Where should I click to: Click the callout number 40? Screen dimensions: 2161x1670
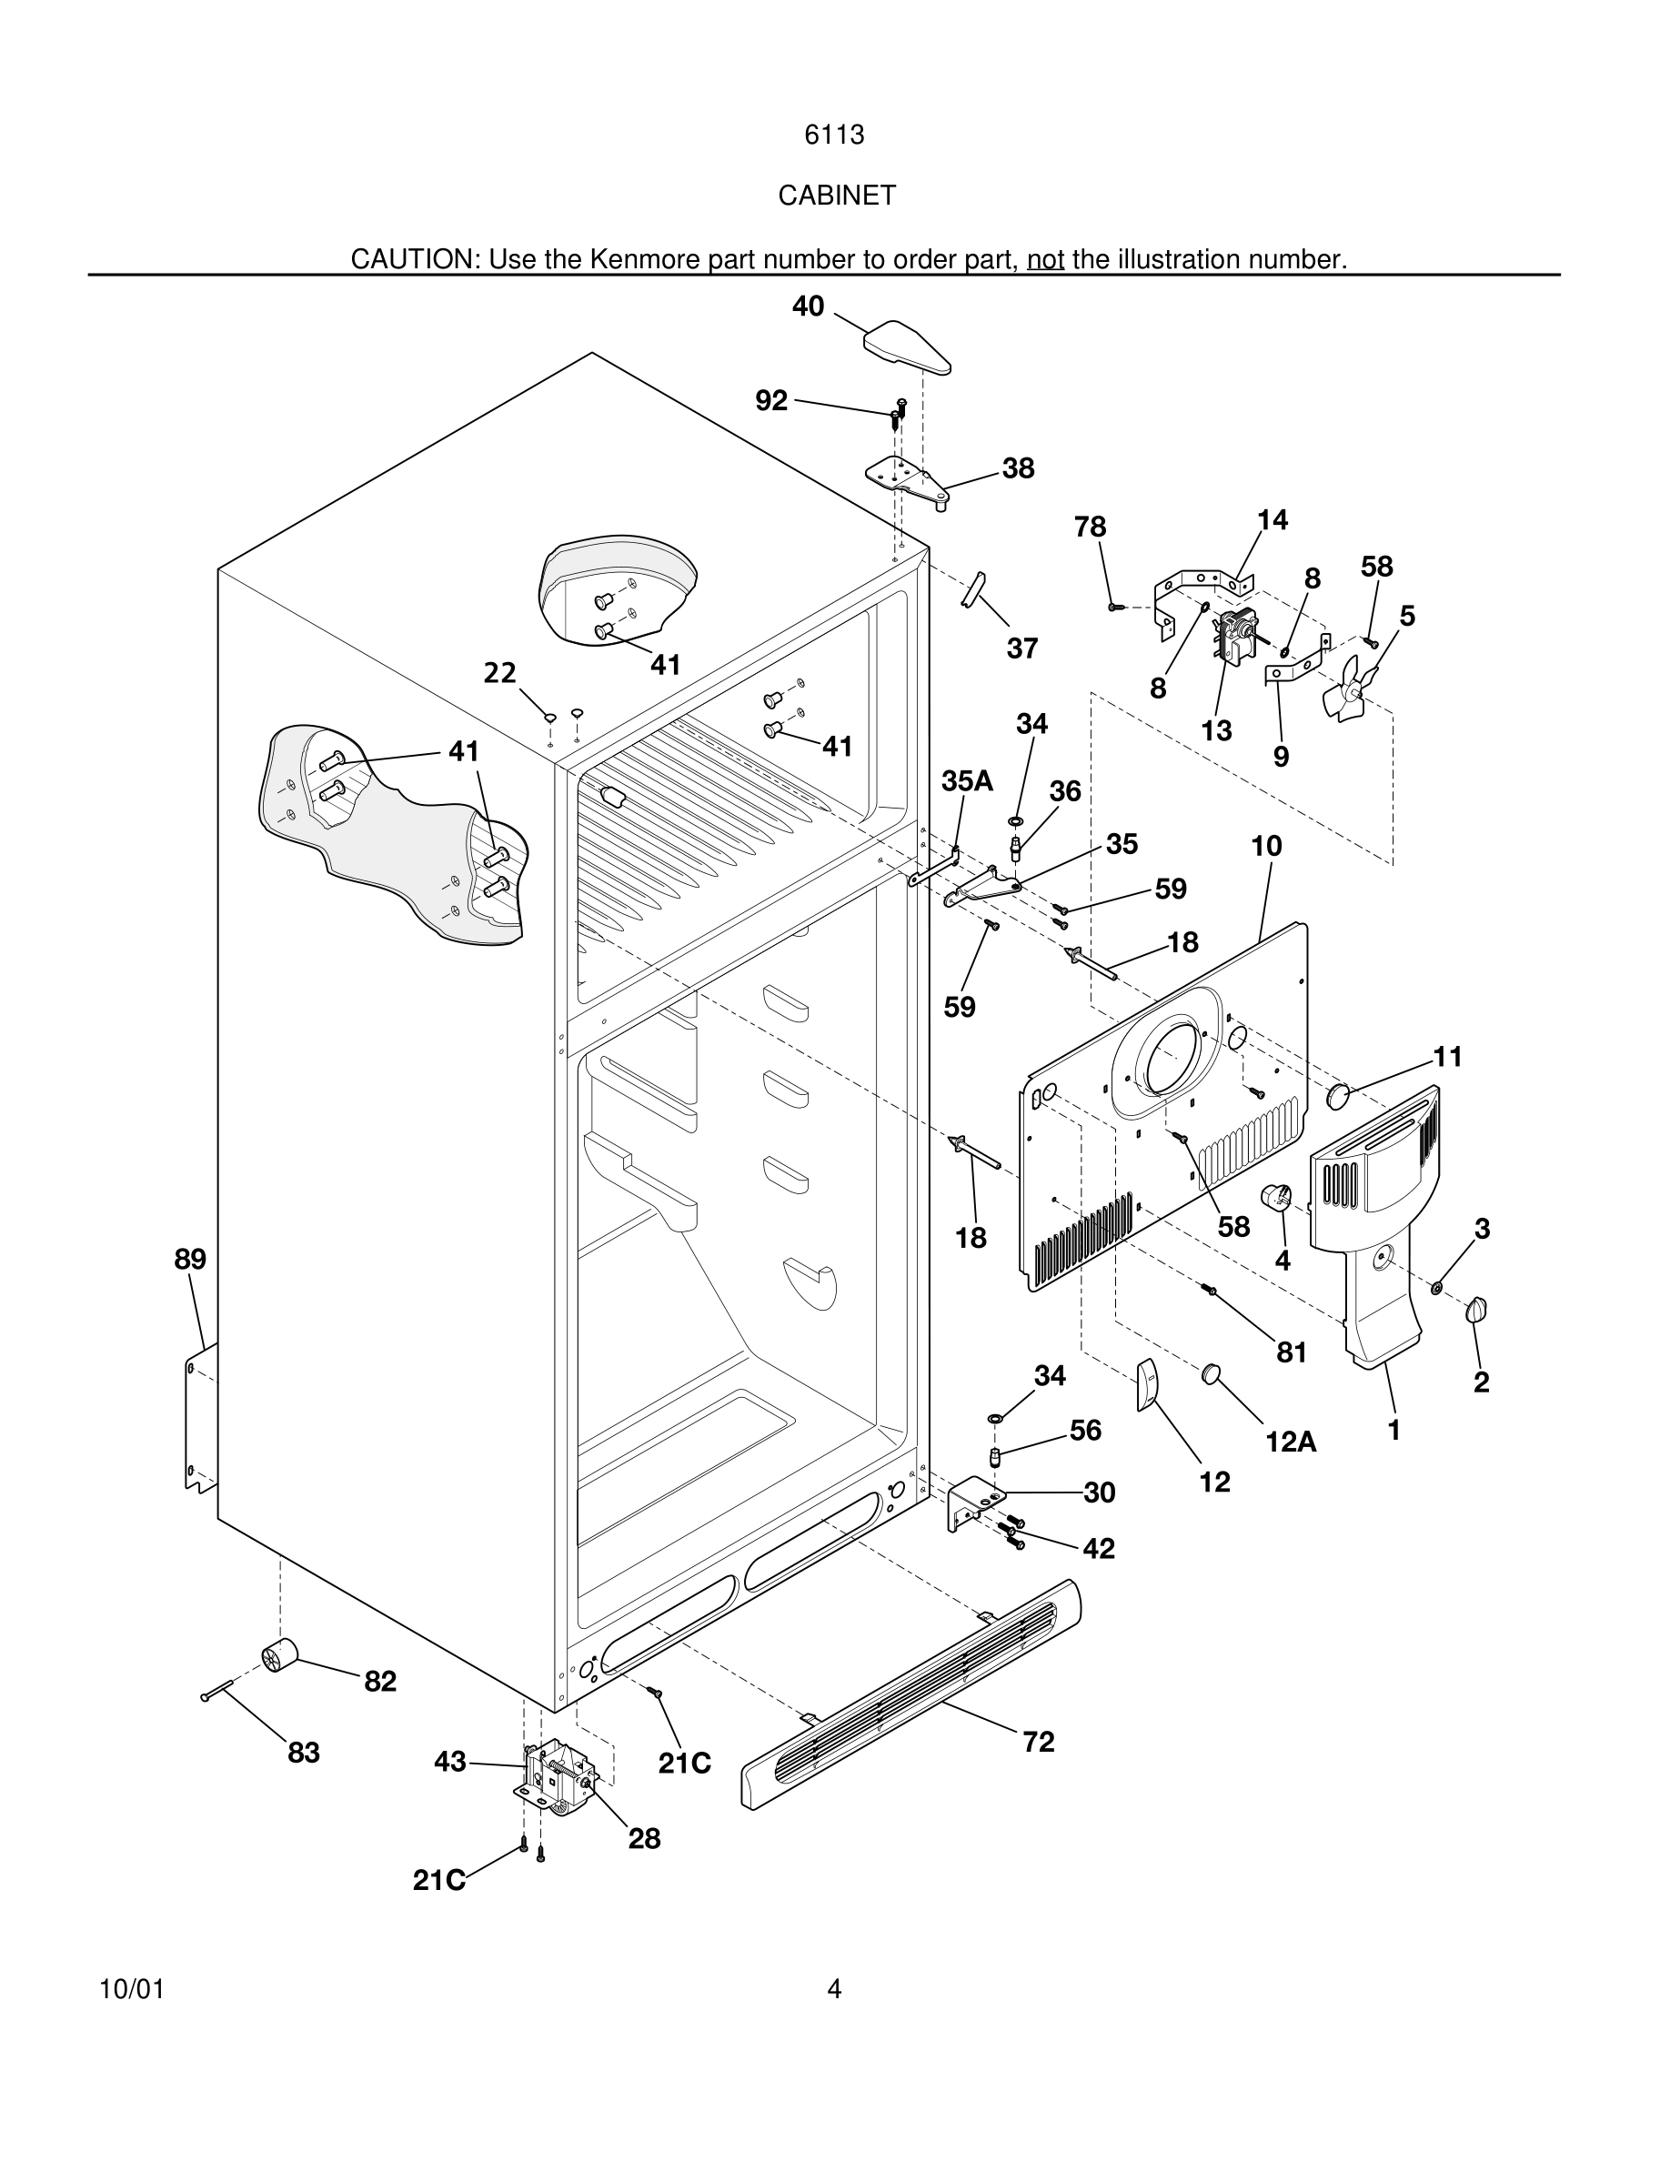click(x=808, y=307)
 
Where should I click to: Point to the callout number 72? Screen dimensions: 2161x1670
click(x=1038, y=1742)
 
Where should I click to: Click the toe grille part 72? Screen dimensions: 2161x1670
click(x=910, y=1694)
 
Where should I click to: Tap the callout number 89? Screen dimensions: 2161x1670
click(x=190, y=1260)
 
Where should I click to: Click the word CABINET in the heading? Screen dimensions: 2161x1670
click(x=836, y=196)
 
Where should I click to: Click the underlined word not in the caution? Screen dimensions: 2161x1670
click(x=1045, y=259)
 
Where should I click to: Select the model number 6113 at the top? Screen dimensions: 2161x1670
click(x=834, y=135)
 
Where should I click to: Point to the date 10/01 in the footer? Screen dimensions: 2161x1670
click(x=132, y=1989)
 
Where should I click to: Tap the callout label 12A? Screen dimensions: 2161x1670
click(x=1291, y=1442)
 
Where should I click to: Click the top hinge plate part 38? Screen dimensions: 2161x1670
click(x=905, y=477)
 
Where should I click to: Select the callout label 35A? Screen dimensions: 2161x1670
click(x=967, y=780)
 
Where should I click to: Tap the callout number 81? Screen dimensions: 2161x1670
click(x=1291, y=1352)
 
